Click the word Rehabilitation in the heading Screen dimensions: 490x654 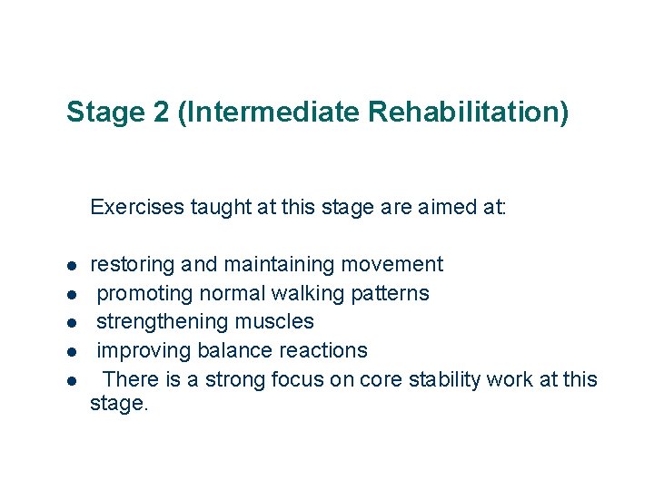(467, 113)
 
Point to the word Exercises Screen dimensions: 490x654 (137, 207)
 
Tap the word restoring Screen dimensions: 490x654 (133, 264)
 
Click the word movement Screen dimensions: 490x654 (392, 264)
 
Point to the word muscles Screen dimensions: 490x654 (274, 322)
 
